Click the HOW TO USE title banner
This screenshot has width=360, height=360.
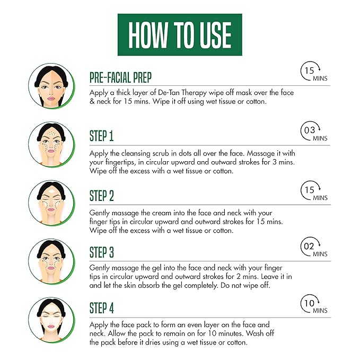pos(180,34)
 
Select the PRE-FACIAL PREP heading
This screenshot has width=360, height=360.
pos(120,77)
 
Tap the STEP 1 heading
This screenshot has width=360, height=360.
pos(101,136)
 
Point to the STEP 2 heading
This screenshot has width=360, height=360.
pos(101,196)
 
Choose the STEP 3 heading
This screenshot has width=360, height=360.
pos(101,252)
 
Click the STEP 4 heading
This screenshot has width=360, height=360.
pos(101,309)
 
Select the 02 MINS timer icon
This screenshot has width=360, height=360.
pos(314,247)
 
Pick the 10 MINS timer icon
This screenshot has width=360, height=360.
pos(314,304)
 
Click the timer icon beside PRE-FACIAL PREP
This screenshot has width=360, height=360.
pos(314,71)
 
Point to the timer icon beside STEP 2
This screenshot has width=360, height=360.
pos(314,191)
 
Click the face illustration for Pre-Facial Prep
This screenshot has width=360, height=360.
pos(51,86)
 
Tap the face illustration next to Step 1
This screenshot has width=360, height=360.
pos(51,144)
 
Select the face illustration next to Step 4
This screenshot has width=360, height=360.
pos(51,320)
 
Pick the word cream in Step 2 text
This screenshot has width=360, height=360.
pos(161,213)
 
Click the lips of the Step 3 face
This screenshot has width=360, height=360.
pos(51,268)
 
